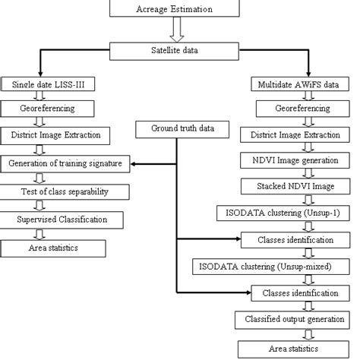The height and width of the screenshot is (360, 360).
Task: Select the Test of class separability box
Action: tap(61, 191)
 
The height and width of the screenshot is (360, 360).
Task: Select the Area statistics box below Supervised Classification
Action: tap(52, 248)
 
